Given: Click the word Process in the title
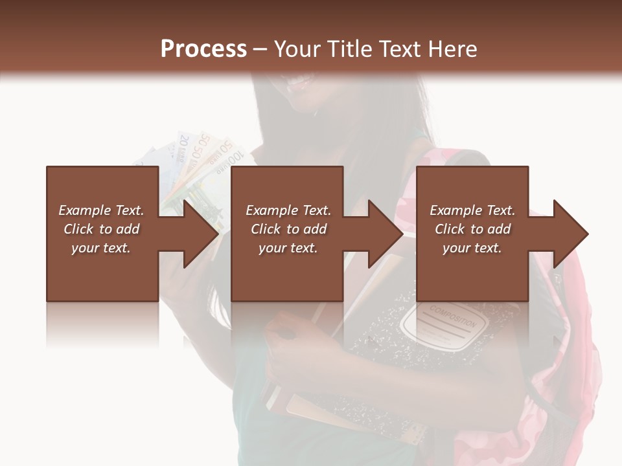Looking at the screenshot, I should point(203,49).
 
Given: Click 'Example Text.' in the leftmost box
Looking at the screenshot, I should point(101,210).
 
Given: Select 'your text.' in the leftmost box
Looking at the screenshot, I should point(101,248).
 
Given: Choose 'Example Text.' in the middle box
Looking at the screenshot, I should point(288,210).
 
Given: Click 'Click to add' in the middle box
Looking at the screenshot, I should point(288,229).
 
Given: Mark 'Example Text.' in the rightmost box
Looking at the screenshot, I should point(472,210).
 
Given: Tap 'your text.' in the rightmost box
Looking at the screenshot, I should point(472,248).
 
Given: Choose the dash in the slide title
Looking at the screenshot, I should point(260,49).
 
